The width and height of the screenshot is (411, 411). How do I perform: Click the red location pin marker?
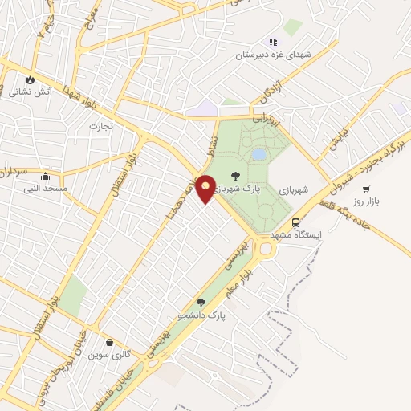pos(205,188)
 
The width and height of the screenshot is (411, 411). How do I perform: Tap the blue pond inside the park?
pos(258,153)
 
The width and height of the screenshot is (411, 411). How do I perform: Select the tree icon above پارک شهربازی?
pos(235,176)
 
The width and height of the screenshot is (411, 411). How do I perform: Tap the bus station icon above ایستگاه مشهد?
pos(296,222)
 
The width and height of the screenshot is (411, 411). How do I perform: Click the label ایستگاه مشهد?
pos(295,234)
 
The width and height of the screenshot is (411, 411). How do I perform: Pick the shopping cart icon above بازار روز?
pos(367,189)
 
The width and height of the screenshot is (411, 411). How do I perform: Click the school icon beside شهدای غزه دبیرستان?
pos(273,42)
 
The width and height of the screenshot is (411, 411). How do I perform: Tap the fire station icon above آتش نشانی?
pos(31,80)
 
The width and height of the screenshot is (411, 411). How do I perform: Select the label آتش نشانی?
pos(31,92)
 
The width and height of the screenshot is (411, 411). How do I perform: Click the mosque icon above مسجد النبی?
pos(44,177)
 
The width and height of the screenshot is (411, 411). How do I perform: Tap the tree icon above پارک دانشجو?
pos(200,303)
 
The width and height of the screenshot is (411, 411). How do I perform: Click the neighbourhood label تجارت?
pos(101,126)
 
